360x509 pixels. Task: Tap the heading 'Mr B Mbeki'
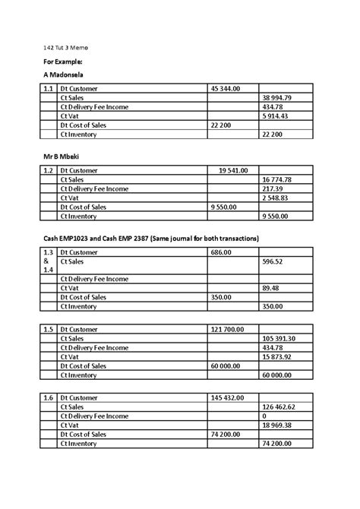[x=62, y=156]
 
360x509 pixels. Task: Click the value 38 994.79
[x=276, y=98]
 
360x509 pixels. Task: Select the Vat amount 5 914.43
[x=275, y=116]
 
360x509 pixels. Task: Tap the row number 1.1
[x=49, y=89]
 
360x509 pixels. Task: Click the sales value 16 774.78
[x=276, y=179]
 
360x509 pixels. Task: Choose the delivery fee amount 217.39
[x=272, y=188]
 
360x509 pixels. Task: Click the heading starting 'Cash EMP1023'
[x=150, y=239]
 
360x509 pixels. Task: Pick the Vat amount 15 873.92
[x=278, y=356]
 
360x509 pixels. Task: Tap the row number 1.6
[x=49, y=397]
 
